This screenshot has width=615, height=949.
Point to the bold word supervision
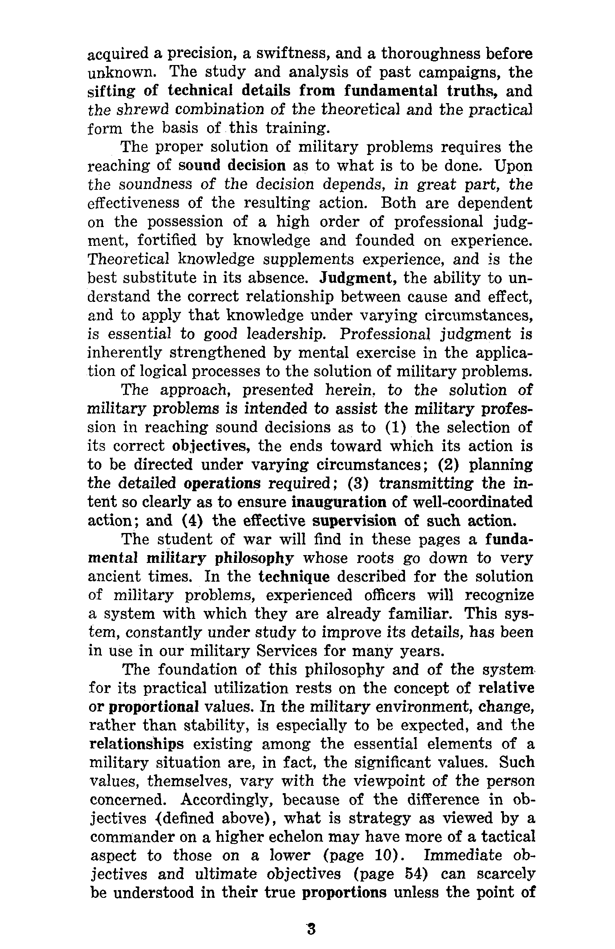[353, 521]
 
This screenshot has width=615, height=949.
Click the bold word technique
[294, 577]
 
